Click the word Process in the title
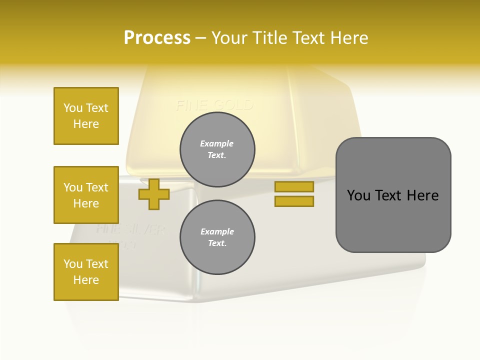coord(157,37)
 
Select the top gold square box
coord(86,116)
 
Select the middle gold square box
coord(86,195)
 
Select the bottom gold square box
coord(86,272)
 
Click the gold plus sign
coord(154,194)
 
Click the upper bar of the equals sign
coord(294,186)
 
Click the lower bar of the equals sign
coord(294,201)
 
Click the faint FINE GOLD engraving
coord(214,105)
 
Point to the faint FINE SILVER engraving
coord(130,229)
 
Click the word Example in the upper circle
coord(217,143)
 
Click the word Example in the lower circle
coord(217,231)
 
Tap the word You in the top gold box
coord(73,108)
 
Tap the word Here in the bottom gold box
coord(86,280)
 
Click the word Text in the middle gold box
coord(97,187)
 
